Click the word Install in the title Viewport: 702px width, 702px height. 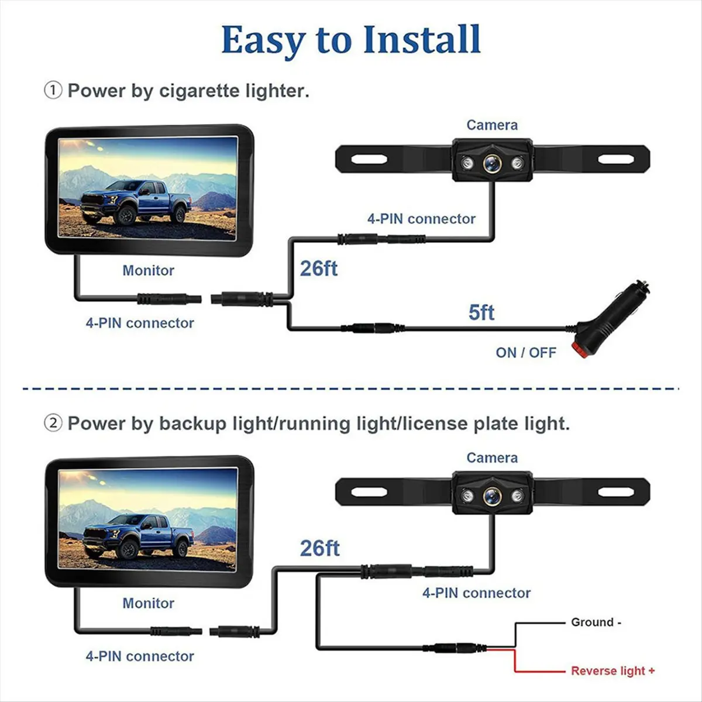pyautogui.click(x=421, y=40)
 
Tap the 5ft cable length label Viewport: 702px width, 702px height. pyautogui.click(x=481, y=312)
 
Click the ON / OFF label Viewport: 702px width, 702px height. pyautogui.click(x=525, y=352)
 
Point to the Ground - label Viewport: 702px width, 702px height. pyautogui.click(x=596, y=622)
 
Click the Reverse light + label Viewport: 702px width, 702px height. pyautogui.click(x=612, y=671)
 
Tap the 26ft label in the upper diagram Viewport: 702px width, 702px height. pyautogui.click(x=319, y=269)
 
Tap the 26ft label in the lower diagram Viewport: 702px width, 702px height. pyautogui.click(x=319, y=548)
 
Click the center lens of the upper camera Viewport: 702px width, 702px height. pyautogui.click(x=491, y=163)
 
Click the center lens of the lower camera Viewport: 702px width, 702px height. pyautogui.click(x=491, y=497)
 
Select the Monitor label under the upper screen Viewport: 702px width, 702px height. pyautogui.click(x=148, y=270)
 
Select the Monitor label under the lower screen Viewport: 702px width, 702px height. pyautogui.click(x=148, y=603)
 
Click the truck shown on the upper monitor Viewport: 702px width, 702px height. pyautogui.click(x=136, y=202)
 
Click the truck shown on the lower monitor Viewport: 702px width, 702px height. pyautogui.click(x=136, y=535)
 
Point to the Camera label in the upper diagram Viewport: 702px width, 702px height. pyautogui.click(x=491, y=125)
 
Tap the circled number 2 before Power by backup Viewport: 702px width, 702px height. pyautogui.click(x=53, y=423)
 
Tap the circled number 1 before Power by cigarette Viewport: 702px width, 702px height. pyautogui.click(x=53, y=90)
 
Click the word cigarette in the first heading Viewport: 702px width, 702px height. pyautogui.click(x=199, y=91)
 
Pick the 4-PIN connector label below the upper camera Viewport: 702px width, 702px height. pyautogui.click(x=421, y=219)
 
